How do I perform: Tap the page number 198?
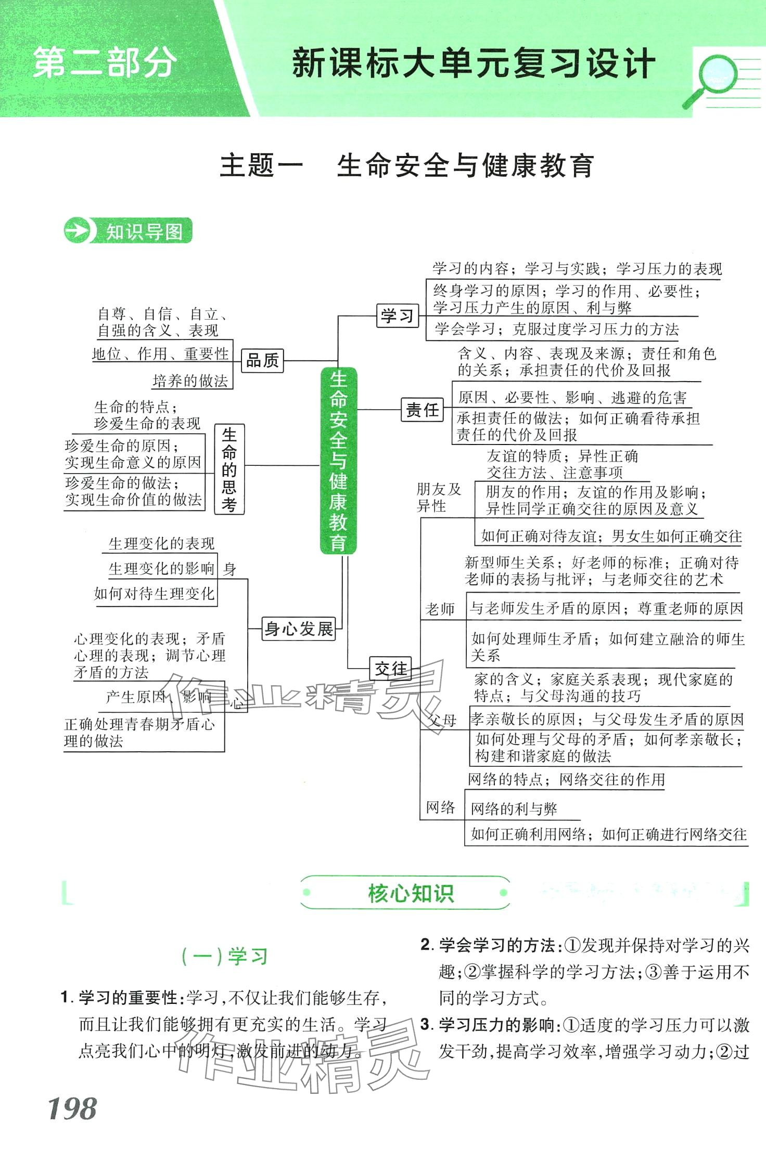click(72, 1108)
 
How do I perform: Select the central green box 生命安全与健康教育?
click(338, 460)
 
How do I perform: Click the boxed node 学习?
click(398, 316)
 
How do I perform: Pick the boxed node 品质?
click(262, 360)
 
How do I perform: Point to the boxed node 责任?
click(422, 410)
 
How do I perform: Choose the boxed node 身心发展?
click(299, 629)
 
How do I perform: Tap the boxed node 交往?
click(390, 669)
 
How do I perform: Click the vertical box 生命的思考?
click(229, 469)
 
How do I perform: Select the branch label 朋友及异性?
click(438, 497)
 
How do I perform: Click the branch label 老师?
click(440, 608)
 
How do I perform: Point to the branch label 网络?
click(440, 807)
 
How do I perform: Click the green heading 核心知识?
click(410, 893)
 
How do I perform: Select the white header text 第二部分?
click(104, 63)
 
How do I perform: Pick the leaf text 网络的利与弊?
click(514, 809)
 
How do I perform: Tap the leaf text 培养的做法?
click(190, 381)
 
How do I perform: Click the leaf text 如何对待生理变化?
click(154, 593)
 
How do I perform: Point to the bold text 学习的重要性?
click(128, 997)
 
